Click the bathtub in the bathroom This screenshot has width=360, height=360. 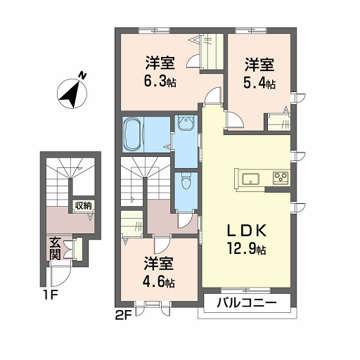point(133,134)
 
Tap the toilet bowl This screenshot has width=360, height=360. point(186,181)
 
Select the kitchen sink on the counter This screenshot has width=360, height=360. point(250,179)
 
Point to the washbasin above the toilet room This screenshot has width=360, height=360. point(186,122)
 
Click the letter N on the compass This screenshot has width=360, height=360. point(82,76)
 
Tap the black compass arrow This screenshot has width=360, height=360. point(70,94)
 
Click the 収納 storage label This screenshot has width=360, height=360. point(83,206)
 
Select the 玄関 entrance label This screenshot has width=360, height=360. point(56,249)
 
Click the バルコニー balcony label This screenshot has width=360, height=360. point(247,303)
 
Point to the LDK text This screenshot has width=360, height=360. point(247,231)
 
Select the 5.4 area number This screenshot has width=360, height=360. point(255,83)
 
